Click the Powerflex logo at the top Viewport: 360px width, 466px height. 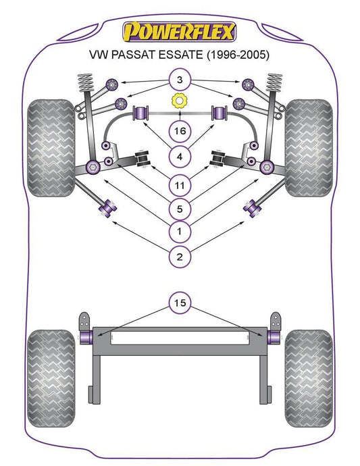(x=179, y=32)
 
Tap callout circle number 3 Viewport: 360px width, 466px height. (x=180, y=80)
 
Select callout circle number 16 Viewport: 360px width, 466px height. (x=180, y=131)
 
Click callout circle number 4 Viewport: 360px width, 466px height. (x=180, y=157)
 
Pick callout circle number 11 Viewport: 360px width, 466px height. (x=180, y=186)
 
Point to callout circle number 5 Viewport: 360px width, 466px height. (x=180, y=209)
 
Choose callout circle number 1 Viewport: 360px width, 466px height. (x=180, y=231)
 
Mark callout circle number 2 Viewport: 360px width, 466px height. (x=180, y=257)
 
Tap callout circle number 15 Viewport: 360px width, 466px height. (x=180, y=303)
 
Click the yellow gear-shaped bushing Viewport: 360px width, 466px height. (x=179, y=101)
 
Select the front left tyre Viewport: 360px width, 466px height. (x=51, y=148)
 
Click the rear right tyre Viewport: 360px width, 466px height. (x=309, y=378)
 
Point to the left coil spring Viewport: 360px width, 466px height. (x=85, y=82)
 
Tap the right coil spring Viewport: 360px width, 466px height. (x=274, y=82)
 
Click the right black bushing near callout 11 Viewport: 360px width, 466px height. (x=218, y=159)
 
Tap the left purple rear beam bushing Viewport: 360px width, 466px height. (x=86, y=337)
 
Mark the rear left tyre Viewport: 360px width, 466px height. (x=51, y=378)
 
